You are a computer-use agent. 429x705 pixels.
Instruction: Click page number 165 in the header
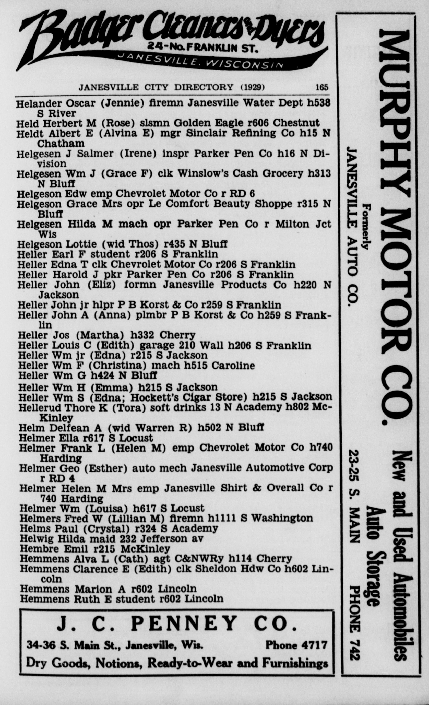pyautogui.click(x=322, y=87)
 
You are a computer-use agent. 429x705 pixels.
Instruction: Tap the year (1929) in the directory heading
pyautogui.click(x=252, y=87)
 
